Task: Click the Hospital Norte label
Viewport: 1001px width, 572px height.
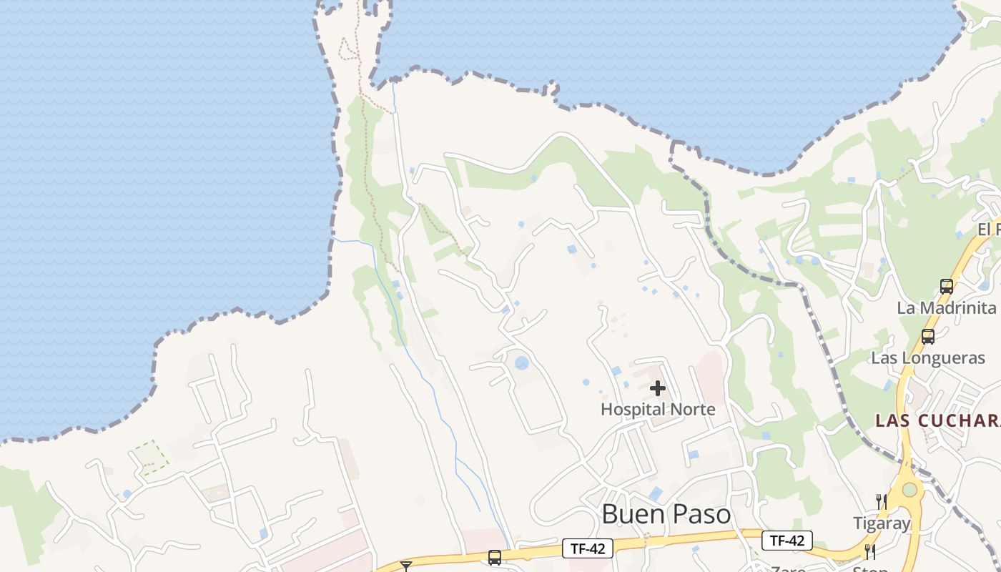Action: pyautogui.click(x=658, y=410)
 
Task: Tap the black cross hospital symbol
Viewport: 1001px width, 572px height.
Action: pyautogui.click(x=658, y=388)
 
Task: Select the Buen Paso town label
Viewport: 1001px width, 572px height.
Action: pyautogui.click(x=666, y=515)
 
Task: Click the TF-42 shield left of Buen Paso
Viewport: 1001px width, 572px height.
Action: pyautogui.click(x=588, y=548)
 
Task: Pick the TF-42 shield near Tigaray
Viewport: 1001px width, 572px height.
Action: pyautogui.click(x=787, y=541)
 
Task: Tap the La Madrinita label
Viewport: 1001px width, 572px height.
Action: pyautogui.click(x=947, y=308)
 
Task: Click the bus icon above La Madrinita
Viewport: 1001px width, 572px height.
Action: pyautogui.click(x=947, y=287)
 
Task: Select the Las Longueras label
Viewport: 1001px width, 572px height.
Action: pyautogui.click(x=927, y=358)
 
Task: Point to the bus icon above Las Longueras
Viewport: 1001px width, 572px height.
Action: pyautogui.click(x=928, y=336)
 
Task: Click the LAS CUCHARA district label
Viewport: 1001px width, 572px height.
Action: pyautogui.click(x=937, y=420)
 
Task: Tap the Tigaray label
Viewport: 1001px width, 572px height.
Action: pyautogui.click(x=882, y=523)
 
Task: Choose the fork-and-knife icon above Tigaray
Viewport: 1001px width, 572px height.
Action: pyautogui.click(x=882, y=502)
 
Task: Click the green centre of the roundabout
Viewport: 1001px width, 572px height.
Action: pyautogui.click(x=909, y=490)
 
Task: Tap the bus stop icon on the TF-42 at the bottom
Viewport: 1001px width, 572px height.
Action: pyautogui.click(x=494, y=557)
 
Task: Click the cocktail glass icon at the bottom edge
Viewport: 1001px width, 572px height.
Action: pyautogui.click(x=406, y=566)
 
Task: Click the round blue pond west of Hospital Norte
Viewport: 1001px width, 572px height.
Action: pyautogui.click(x=522, y=363)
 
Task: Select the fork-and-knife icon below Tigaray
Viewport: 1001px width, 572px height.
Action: pyautogui.click(x=870, y=552)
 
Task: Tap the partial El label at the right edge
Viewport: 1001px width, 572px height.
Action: pyautogui.click(x=989, y=230)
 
